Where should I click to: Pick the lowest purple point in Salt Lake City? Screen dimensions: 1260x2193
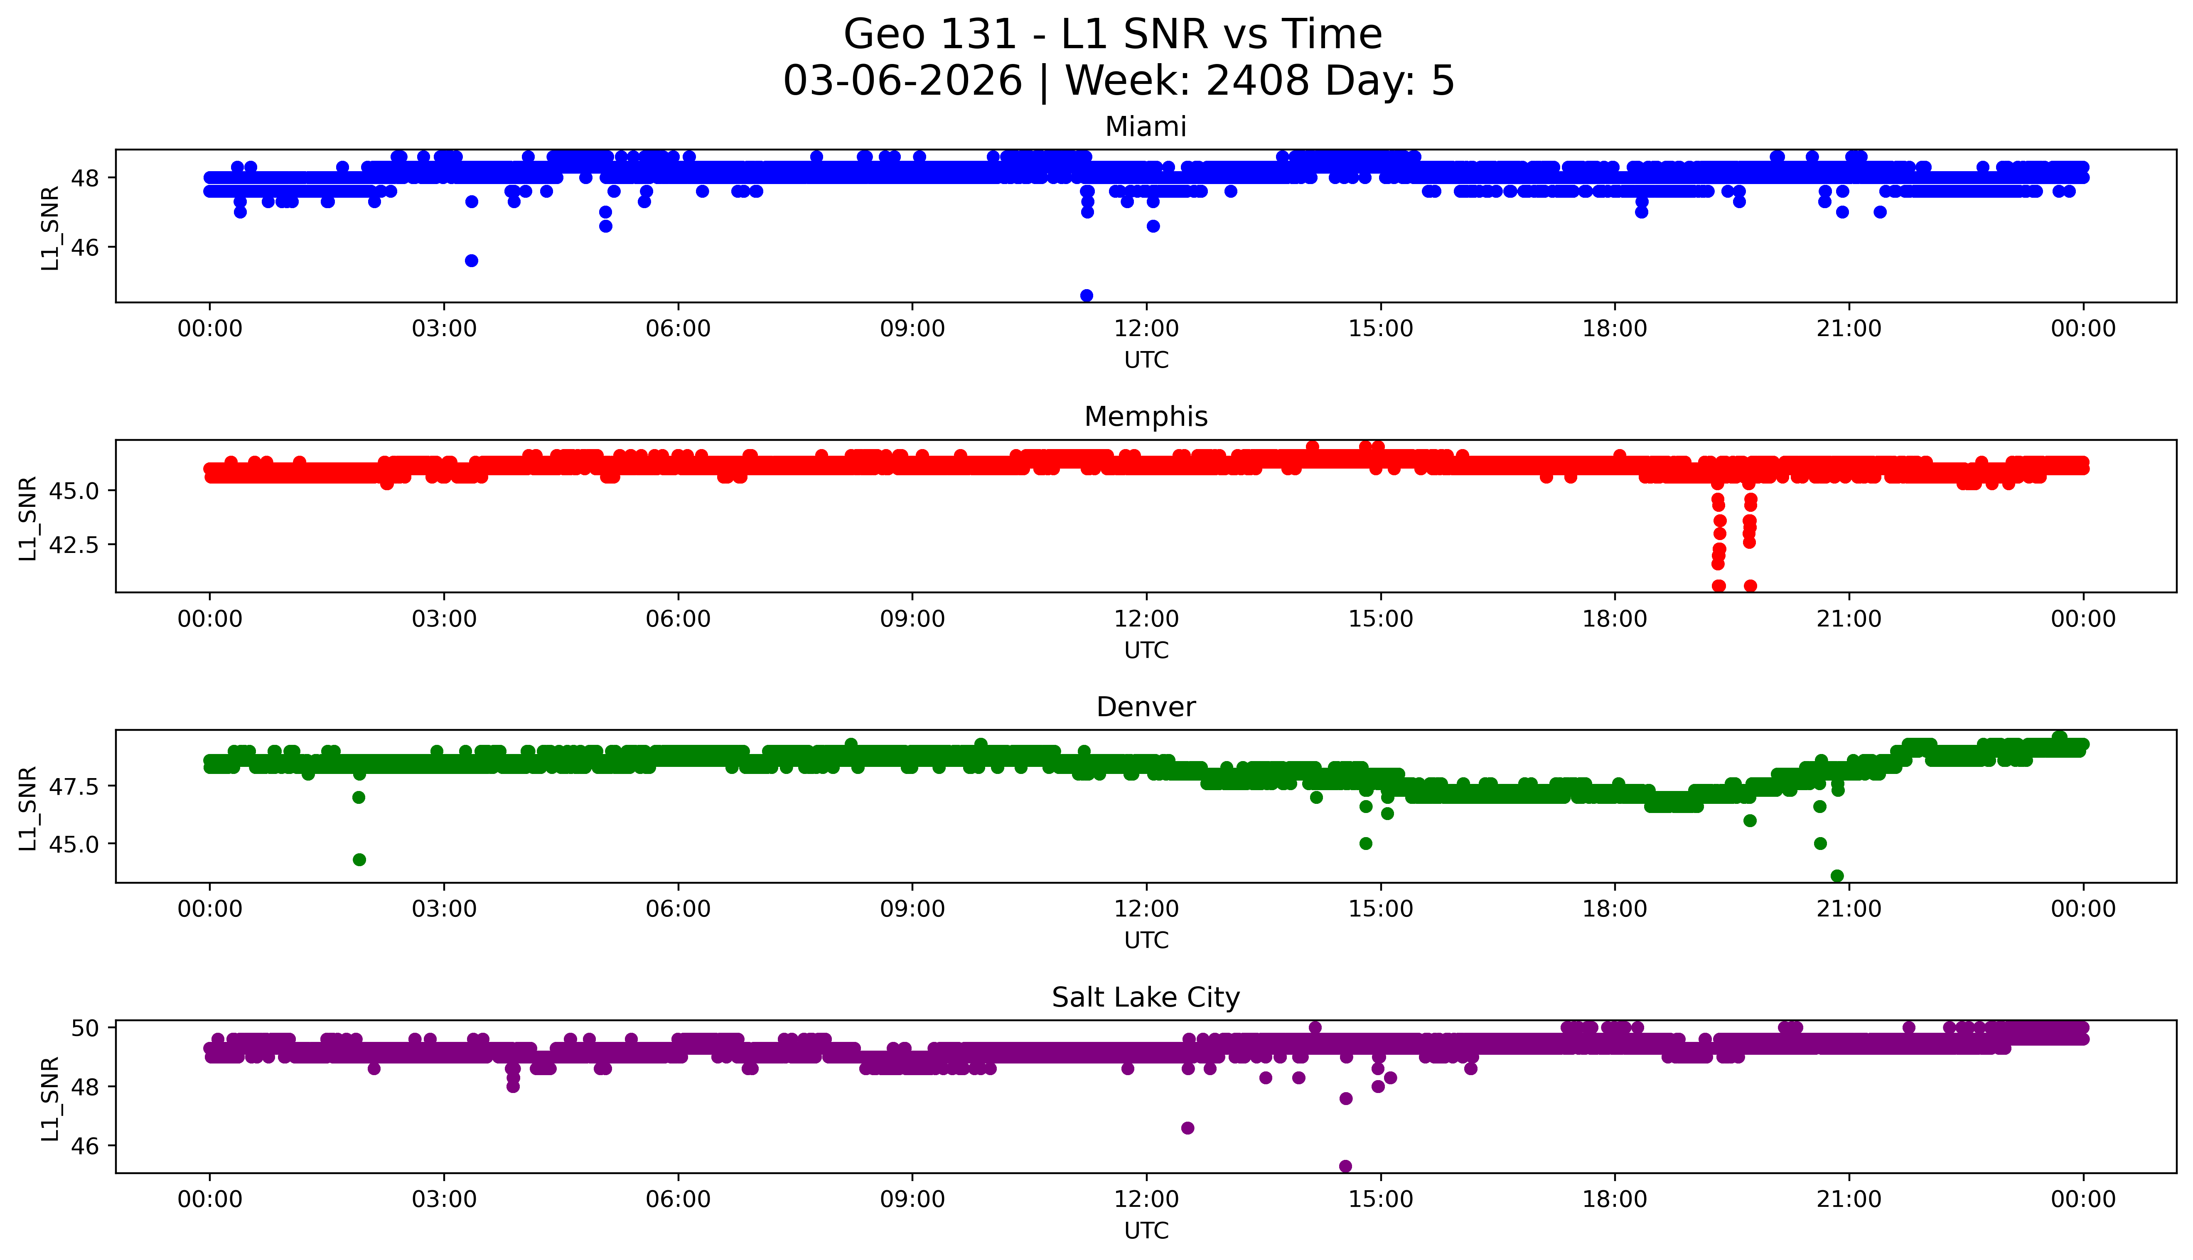click(1345, 1166)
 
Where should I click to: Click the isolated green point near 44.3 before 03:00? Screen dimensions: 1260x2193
click(359, 860)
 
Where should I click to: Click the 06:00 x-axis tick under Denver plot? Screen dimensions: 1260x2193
click(678, 909)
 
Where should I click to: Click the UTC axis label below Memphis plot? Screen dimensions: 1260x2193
click(1146, 650)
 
